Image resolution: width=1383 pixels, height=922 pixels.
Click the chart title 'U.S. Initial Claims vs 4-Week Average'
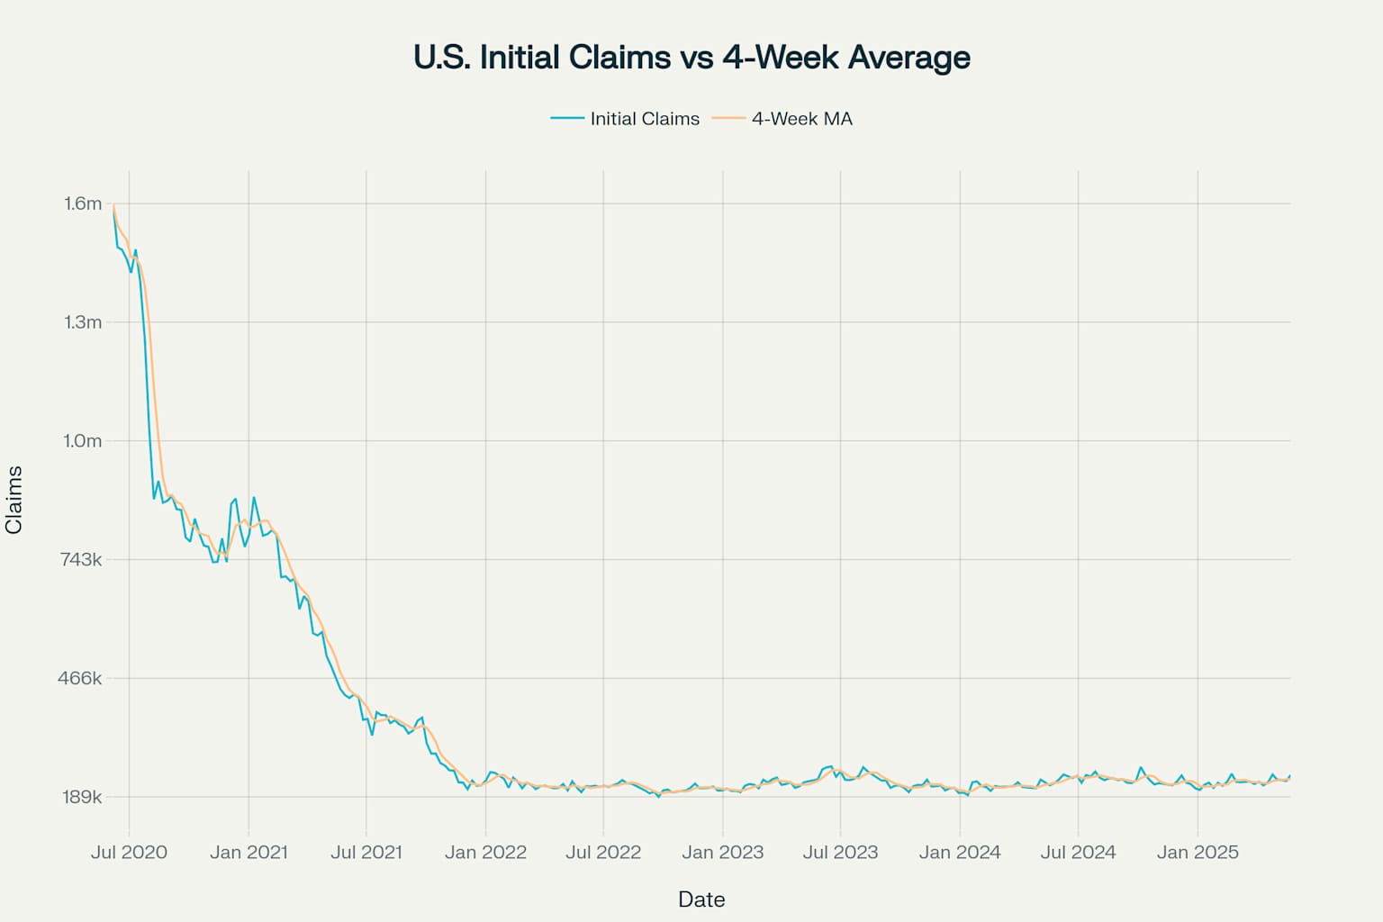691,58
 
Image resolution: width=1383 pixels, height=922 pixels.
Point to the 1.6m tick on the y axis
83,203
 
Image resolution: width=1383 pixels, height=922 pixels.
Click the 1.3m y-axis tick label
83,322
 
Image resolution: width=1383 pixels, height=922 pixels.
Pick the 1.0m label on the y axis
83,441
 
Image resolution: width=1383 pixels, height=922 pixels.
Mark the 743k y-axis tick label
81,560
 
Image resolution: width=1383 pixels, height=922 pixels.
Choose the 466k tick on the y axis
81,678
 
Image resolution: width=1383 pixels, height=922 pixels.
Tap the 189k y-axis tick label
81,797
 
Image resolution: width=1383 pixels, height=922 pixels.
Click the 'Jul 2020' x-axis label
129,853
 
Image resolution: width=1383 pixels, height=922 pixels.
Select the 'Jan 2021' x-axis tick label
249,853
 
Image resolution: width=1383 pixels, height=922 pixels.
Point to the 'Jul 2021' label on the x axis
366,853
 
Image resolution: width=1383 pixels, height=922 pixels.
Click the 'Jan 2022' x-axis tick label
485,853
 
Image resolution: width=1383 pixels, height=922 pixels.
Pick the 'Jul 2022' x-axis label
603,853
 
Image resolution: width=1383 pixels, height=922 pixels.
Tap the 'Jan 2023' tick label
722,853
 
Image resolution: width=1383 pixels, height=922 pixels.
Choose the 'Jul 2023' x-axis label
840,853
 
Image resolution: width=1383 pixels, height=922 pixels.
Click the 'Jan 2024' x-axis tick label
960,853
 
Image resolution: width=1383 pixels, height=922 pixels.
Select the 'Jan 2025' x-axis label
1198,853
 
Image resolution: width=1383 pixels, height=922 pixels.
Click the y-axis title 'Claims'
14,501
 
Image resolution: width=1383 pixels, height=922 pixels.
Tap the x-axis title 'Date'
701,899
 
